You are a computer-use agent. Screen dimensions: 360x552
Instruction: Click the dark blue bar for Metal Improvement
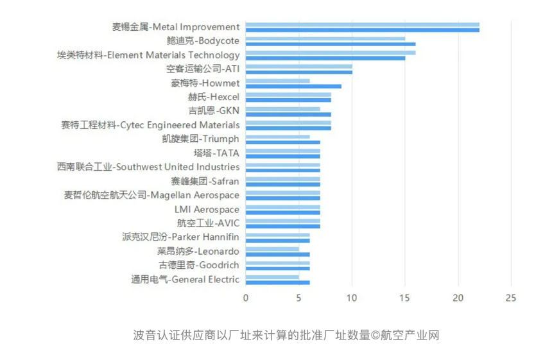[x=362, y=30]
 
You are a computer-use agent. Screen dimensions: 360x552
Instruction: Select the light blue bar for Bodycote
[x=325, y=39]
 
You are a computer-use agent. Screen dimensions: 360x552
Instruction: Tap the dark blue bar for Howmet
[x=293, y=86]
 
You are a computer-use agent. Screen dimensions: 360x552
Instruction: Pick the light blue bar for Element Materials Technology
[x=330, y=53]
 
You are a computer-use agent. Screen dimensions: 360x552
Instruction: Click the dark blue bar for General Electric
[x=277, y=282]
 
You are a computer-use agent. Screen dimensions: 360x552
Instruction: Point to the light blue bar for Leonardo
[x=272, y=249]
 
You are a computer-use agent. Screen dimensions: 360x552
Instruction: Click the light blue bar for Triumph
[x=277, y=137]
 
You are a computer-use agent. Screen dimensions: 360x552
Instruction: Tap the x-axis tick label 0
[x=245, y=298]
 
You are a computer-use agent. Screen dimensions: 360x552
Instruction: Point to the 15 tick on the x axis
[x=404, y=298]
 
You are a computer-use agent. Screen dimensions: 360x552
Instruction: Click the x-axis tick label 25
[x=511, y=298]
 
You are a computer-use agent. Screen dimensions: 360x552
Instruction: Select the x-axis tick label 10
[x=351, y=298]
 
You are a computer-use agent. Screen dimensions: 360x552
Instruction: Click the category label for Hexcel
[x=214, y=97]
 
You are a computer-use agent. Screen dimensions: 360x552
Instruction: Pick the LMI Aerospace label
[x=207, y=209]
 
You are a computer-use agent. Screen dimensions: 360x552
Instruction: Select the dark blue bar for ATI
[x=298, y=72]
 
